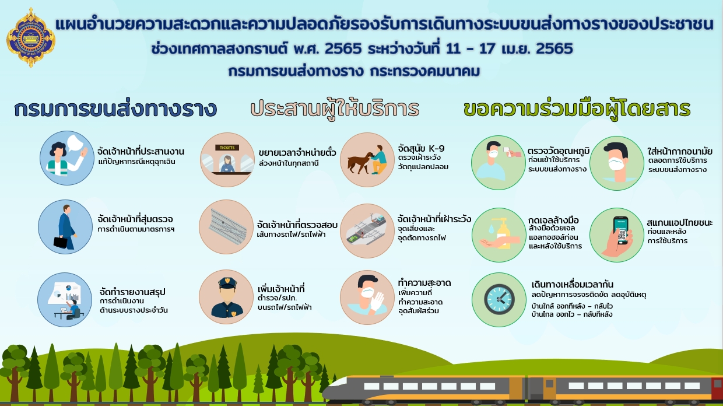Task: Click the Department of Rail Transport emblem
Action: click(x=31, y=38)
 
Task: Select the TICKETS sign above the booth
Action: click(x=227, y=148)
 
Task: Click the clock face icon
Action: click(x=499, y=299)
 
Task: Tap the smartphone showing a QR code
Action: click(x=622, y=230)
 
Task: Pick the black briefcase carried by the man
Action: click(x=61, y=243)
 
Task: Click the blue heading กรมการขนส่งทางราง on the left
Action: click(x=115, y=109)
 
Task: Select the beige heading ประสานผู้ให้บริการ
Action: click(x=335, y=110)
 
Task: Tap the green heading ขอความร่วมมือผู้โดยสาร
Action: click(x=577, y=110)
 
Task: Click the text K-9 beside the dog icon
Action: click(x=436, y=149)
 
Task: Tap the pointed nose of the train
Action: click(x=327, y=389)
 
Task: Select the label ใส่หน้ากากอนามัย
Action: click(x=679, y=151)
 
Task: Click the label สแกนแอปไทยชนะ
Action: click(x=679, y=222)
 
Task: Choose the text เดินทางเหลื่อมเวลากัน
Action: click(x=572, y=285)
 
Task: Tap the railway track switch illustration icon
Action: click(x=226, y=226)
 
